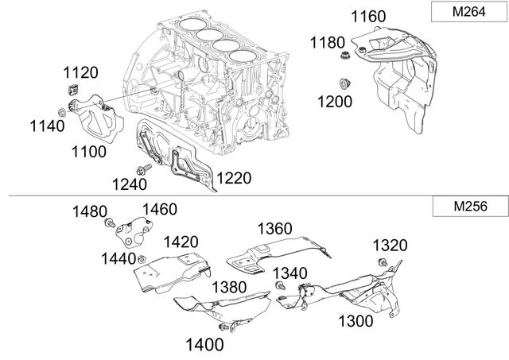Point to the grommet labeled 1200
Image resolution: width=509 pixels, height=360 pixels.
coord(345,83)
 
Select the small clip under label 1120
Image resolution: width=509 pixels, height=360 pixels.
coord(70,90)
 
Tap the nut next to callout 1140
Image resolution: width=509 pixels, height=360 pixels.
coord(63,110)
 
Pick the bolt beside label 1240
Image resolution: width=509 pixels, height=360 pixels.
coord(146,169)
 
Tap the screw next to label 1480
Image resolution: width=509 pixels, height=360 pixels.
coord(111,225)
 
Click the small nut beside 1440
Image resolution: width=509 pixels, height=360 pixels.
coord(141,260)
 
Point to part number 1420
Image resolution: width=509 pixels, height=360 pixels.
coord(181,242)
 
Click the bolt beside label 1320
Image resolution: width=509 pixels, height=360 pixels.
coord(383,262)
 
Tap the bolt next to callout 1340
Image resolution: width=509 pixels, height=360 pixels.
coord(280,285)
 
